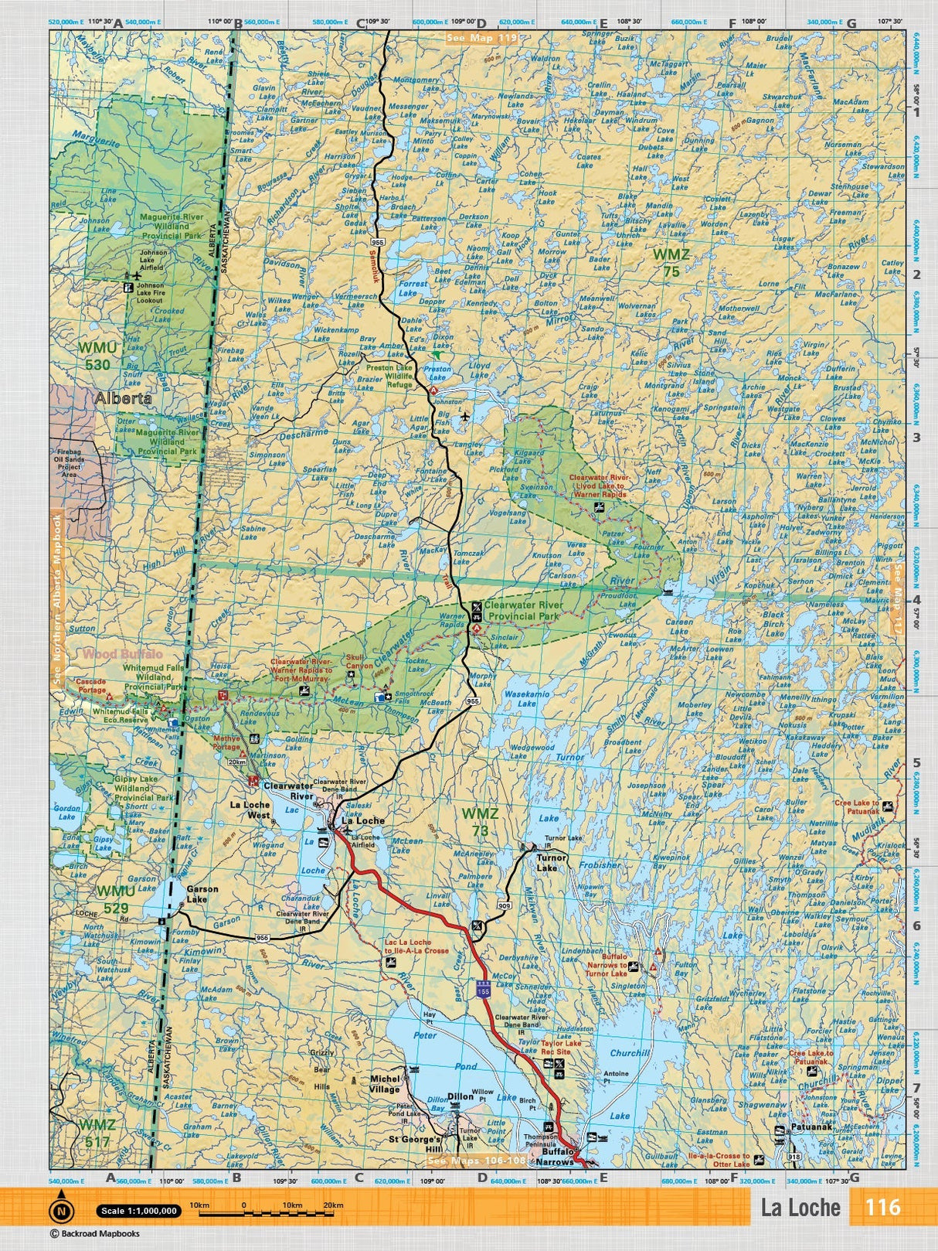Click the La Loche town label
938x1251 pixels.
click(363, 820)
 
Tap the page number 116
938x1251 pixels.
click(882, 1206)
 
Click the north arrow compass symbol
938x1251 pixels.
click(61, 1210)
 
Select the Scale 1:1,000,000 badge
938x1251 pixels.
click(138, 1211)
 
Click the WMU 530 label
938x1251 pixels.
click(97, 356)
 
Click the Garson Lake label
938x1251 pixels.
click(202, 894)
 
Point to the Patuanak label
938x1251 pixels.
click(811, 1128)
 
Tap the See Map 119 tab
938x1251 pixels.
click(481, 36)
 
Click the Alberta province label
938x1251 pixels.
click(124, 399)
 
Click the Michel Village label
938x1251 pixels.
click(384, 1084)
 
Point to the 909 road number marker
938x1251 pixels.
click(505, 905)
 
